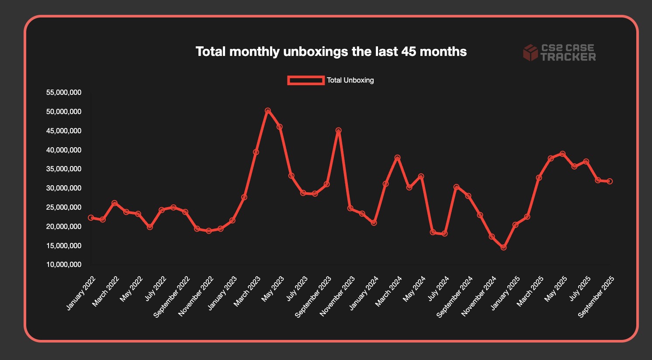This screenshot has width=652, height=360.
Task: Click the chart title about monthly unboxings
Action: [331, 52]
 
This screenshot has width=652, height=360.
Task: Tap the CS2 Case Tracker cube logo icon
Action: [530, 52]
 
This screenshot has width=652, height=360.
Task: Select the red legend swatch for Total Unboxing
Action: [305, 80]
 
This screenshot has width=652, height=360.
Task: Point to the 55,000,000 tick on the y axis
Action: [63, 93]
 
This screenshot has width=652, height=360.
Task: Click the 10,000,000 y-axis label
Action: [63, 265]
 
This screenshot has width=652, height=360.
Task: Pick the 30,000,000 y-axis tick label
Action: [63, 188]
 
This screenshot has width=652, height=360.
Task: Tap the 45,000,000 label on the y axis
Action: [63, 131]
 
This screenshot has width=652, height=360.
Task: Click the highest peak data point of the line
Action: [268, 111]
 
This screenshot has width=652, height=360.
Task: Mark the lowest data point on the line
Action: [503, 247]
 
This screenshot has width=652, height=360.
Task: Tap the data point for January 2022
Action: [91, 218]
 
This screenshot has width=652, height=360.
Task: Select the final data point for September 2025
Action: [610, 181]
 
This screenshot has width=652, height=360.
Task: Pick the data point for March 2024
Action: [397, 158]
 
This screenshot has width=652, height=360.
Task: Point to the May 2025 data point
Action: [562, 154]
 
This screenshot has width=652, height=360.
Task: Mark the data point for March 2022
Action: [114, 203]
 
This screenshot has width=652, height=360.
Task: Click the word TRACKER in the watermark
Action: [568, 57]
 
